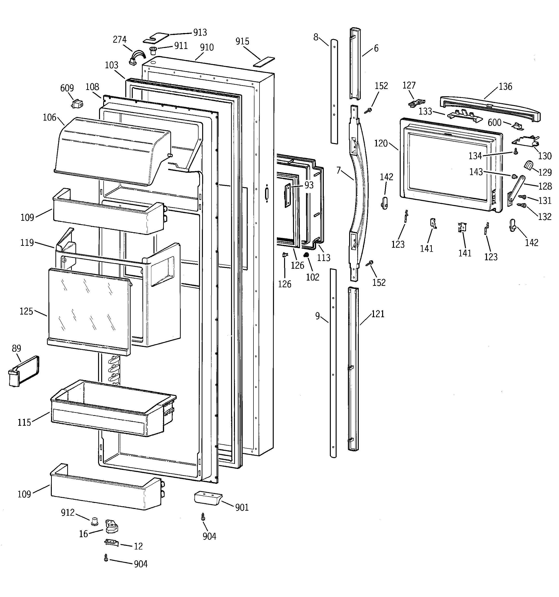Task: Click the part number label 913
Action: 200,32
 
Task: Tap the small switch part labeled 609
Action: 77,104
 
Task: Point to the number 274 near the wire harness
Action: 120,40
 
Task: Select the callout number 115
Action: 24,423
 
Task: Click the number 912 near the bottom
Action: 68,512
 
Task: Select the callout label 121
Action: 378,314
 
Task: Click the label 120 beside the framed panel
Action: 381,143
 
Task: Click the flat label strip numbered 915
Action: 264,61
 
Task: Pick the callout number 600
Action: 494,122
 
